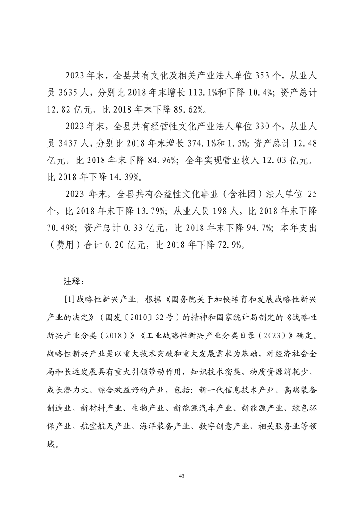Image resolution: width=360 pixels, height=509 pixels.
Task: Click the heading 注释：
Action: [74, 281]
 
